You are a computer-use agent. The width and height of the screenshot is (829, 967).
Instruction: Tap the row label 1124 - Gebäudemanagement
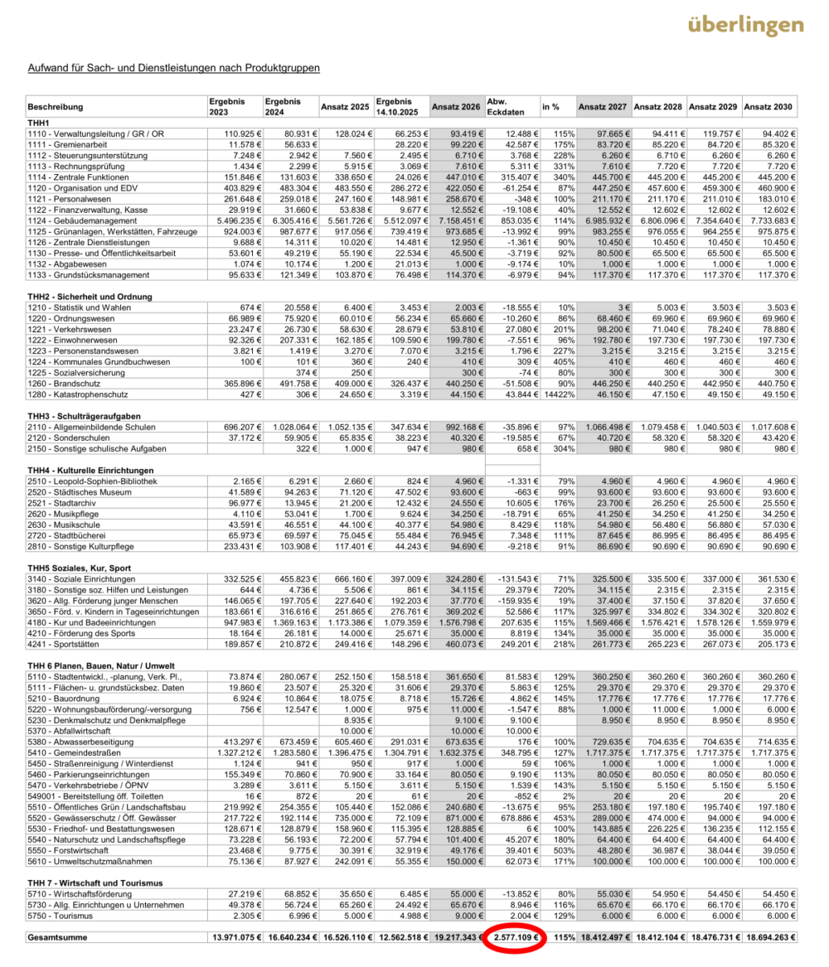[x=79, y=220]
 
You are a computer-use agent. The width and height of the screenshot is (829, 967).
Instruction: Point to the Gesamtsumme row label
[x=59, y=938]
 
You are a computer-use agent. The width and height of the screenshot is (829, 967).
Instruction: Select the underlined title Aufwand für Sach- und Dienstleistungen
[x=173, y=68]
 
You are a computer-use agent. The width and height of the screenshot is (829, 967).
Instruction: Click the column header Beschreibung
[x=56, y=106]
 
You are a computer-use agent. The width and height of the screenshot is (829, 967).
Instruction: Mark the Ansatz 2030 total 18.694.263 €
[x=769, y=938]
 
